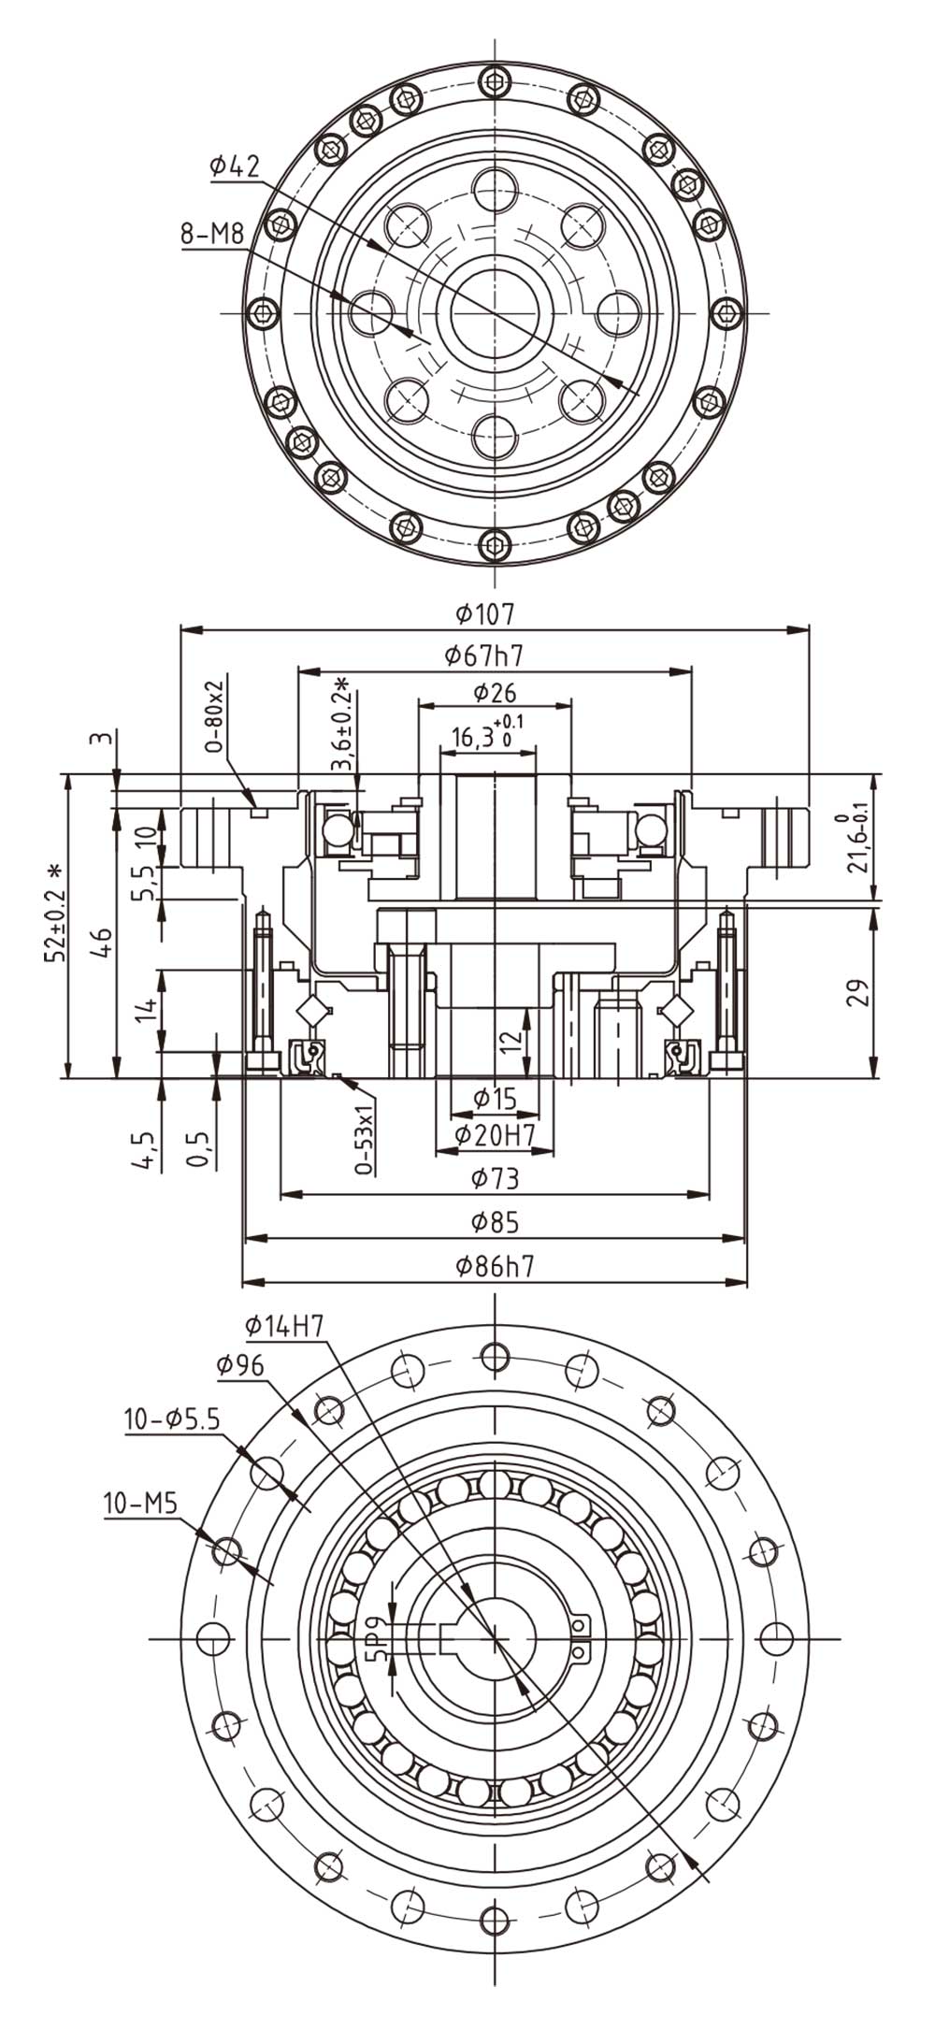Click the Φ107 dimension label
point(485,613)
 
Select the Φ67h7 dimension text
point(483,655)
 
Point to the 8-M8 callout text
point(212,234)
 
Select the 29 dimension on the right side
point(856,990)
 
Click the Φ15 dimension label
point(494,1098)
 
